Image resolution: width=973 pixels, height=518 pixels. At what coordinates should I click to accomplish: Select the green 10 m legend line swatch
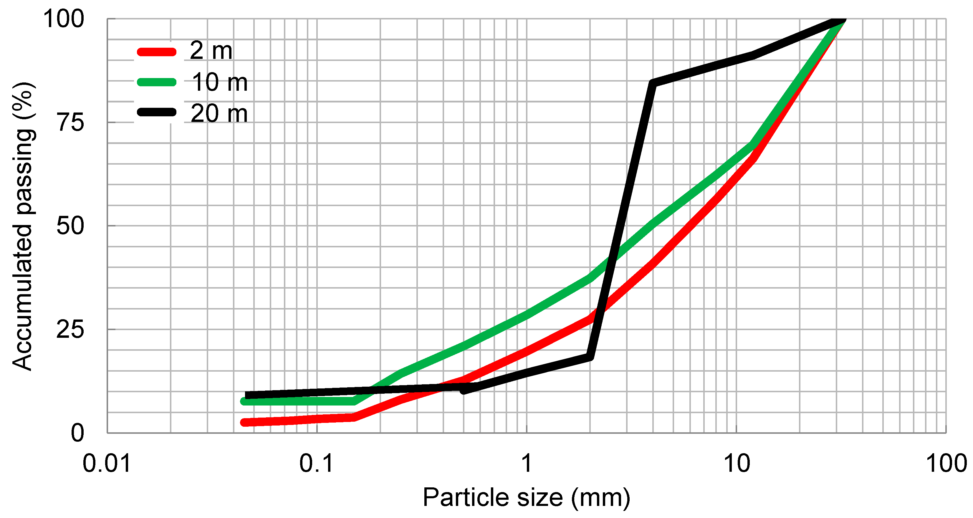tap(156, 82)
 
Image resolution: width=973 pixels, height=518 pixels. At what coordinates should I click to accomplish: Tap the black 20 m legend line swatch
tap(156, 112)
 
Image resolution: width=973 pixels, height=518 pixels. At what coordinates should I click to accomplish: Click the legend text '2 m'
tap(211, 51)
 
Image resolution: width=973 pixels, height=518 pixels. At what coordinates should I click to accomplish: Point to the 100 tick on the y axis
tap(63, 19)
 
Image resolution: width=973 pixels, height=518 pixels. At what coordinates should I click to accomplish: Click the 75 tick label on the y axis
tap(70, 123)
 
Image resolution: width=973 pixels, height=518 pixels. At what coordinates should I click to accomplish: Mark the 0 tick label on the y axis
tap(77, 433)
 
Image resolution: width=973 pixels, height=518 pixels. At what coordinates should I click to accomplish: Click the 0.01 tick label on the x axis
tap(107, 463)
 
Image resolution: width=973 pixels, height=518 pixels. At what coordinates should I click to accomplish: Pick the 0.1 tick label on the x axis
tap(317, 463)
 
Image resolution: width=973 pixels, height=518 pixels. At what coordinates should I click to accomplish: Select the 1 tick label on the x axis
tap(527, 463)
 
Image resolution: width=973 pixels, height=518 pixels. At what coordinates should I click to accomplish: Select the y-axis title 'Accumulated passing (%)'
tap(24, 226)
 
